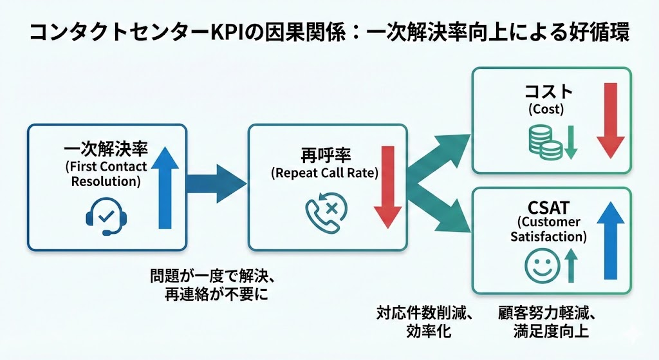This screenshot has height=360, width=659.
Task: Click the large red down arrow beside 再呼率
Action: tap(387, 187)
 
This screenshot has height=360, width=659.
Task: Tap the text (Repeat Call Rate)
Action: tap(324, 173)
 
